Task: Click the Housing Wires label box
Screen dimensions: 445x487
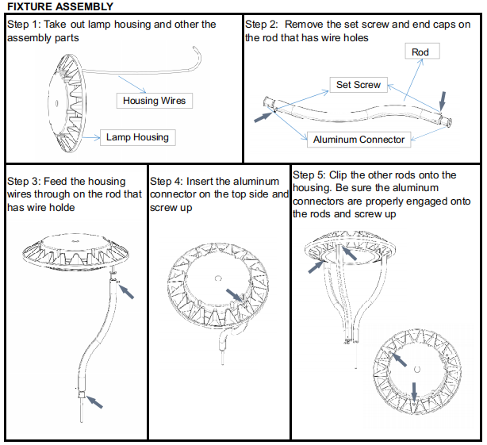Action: pyautogui.click(x=155, y=101)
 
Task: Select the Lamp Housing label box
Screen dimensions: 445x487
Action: pyautogui.click(x=137, y=137)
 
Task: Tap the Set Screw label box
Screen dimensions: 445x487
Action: pyautogui.click(x=358, y=85)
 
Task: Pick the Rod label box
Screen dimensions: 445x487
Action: pyautogui.click(x=420, y=52)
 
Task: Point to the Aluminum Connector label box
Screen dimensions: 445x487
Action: pyautogui.click(x=359, y=140)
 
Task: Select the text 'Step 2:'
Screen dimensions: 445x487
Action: pyautogui.click(x=264, y=25)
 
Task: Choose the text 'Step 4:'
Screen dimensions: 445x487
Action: pyautogui.click(x=168, y=182)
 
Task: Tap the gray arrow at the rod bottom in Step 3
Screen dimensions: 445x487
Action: pyautogui.click(x=94, y=401)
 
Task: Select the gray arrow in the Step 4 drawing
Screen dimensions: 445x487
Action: pyautogui.click(x=233, y=295)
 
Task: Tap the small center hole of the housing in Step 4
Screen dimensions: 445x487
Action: pyautogui.click(x=217, y=278)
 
